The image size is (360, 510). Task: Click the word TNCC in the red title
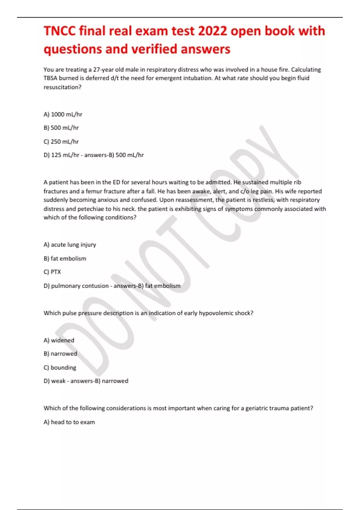point(59,31)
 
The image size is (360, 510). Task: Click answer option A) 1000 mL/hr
point(63,114)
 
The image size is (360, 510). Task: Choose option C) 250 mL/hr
point(61,142)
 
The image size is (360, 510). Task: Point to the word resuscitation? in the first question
point(62,87)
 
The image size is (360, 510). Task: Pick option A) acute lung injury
point(70,245)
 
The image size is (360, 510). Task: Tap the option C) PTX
point(52,272)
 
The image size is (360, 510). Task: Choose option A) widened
point(59,340)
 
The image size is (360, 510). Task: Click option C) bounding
point(60,368)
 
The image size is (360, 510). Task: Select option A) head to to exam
point(69,422)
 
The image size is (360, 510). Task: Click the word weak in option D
point(58,381)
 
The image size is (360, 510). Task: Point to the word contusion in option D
point(95,286)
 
